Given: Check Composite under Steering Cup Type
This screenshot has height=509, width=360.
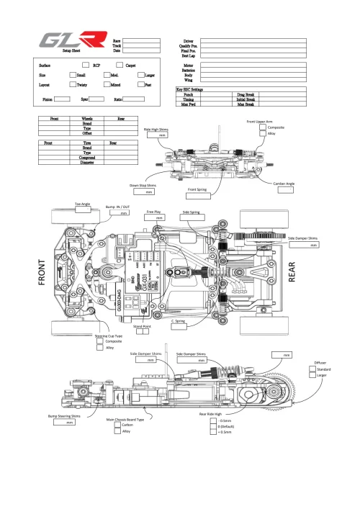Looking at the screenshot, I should pos(100,341).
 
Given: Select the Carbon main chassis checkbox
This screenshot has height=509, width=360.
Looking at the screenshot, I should pos(117,425).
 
